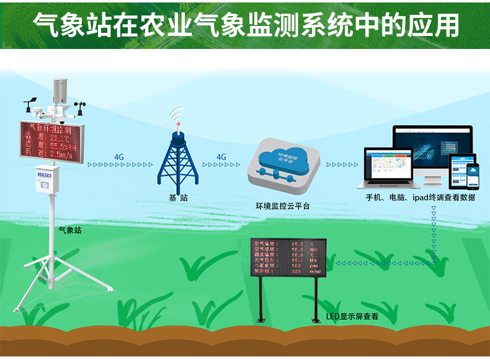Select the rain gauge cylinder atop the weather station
point(60,93)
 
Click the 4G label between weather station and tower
point(120,157)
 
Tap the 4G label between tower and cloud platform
point(221,157)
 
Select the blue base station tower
point(178,159)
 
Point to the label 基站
point(178,198)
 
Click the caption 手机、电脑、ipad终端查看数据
point(421,198)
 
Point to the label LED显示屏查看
point(352,316)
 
